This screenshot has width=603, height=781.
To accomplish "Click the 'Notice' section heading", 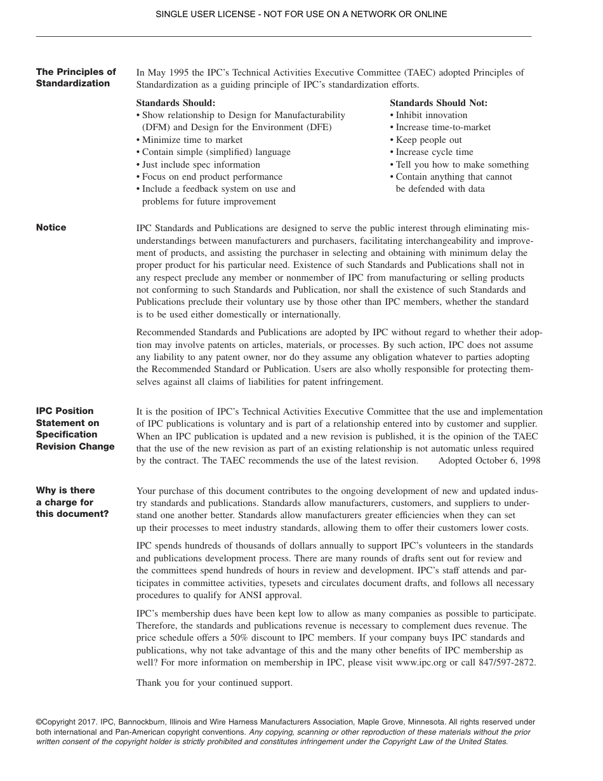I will tap(51, 228).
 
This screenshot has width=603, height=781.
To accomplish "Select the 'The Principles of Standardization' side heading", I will tap(76, 78).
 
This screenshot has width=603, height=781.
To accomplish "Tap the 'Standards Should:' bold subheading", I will tap(176, 103).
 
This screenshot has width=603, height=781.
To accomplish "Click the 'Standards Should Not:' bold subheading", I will tap(439, 103).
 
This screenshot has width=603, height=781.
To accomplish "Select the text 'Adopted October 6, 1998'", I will tap(489, 460).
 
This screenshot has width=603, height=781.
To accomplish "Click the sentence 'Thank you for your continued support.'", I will tap(215, 683).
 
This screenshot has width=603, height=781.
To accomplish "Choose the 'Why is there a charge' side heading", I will tap(72, 502).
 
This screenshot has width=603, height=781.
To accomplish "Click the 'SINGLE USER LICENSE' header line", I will tap(301, 14).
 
